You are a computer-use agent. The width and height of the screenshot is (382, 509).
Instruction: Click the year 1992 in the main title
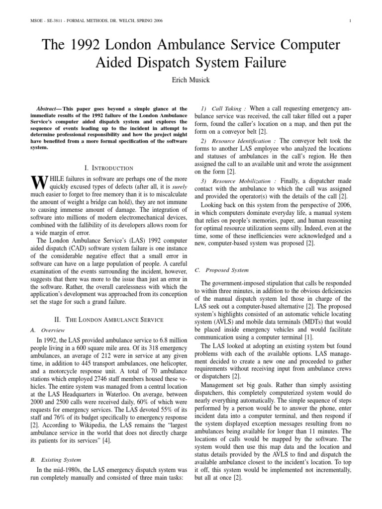click(88, 45)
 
